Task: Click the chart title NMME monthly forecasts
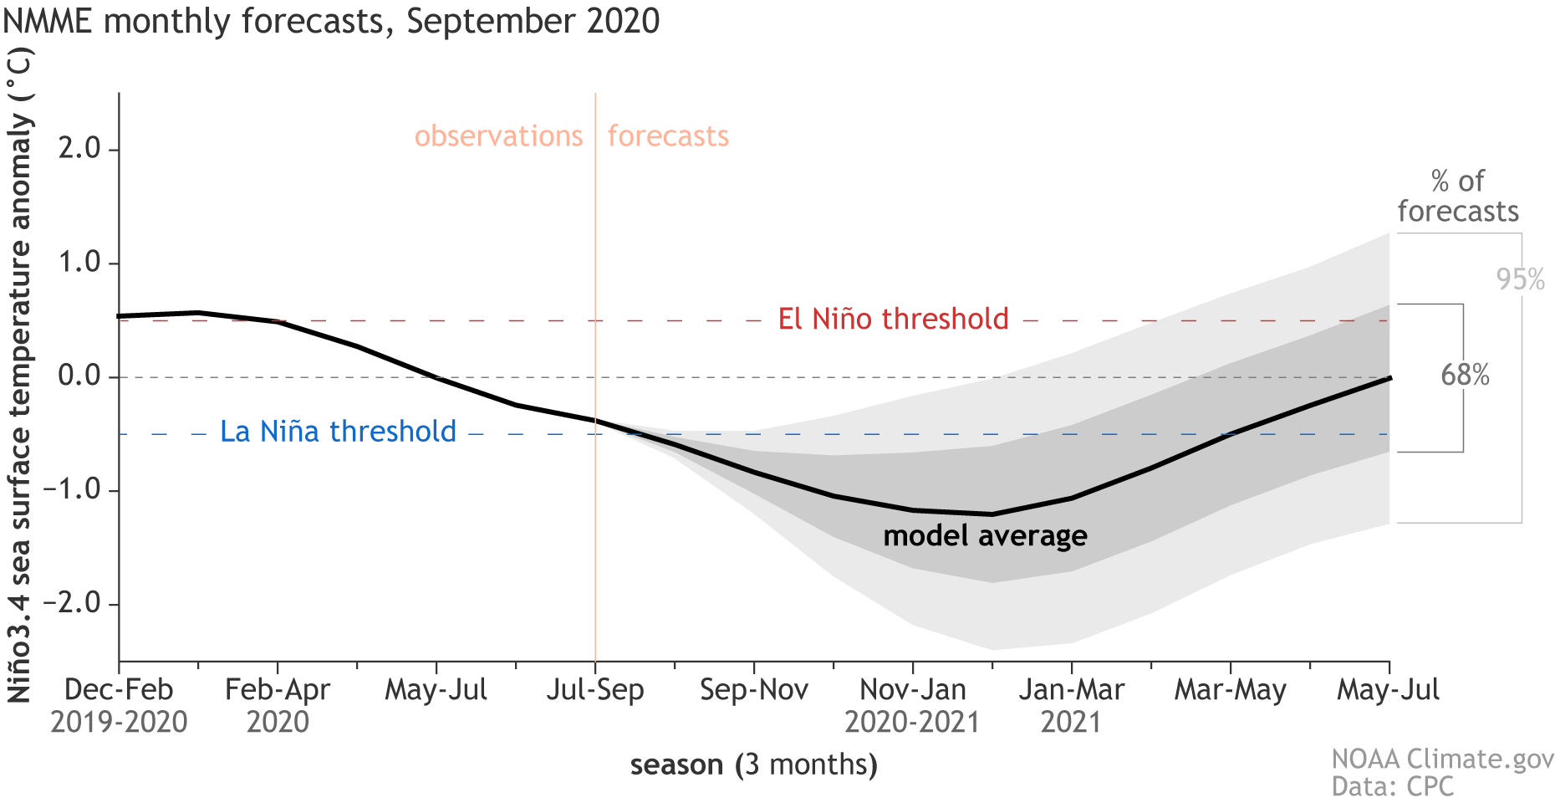tap(331, 21)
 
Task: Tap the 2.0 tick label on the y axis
tap(79, 149)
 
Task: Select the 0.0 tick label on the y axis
tap(79, 376)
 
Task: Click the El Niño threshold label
tap(893, 320)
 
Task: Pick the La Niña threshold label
tap(338, 432)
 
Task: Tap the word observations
tap(498, 136)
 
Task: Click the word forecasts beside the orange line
tap(668, 136)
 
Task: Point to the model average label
tap(985, 535)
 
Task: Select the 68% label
tap(1465, 375)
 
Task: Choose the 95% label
tap(1520, 279)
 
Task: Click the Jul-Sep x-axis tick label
tap(595, 690)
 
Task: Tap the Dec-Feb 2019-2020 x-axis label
tap(119, 705)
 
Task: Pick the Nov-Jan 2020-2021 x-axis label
tap(912, 705)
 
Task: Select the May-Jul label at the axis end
tap(1388, 690)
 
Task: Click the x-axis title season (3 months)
tap(753, 765)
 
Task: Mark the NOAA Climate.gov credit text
tap(1442, 759)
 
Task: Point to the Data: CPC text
tap(1392, 787)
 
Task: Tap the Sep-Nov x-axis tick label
tap(754, 690)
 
